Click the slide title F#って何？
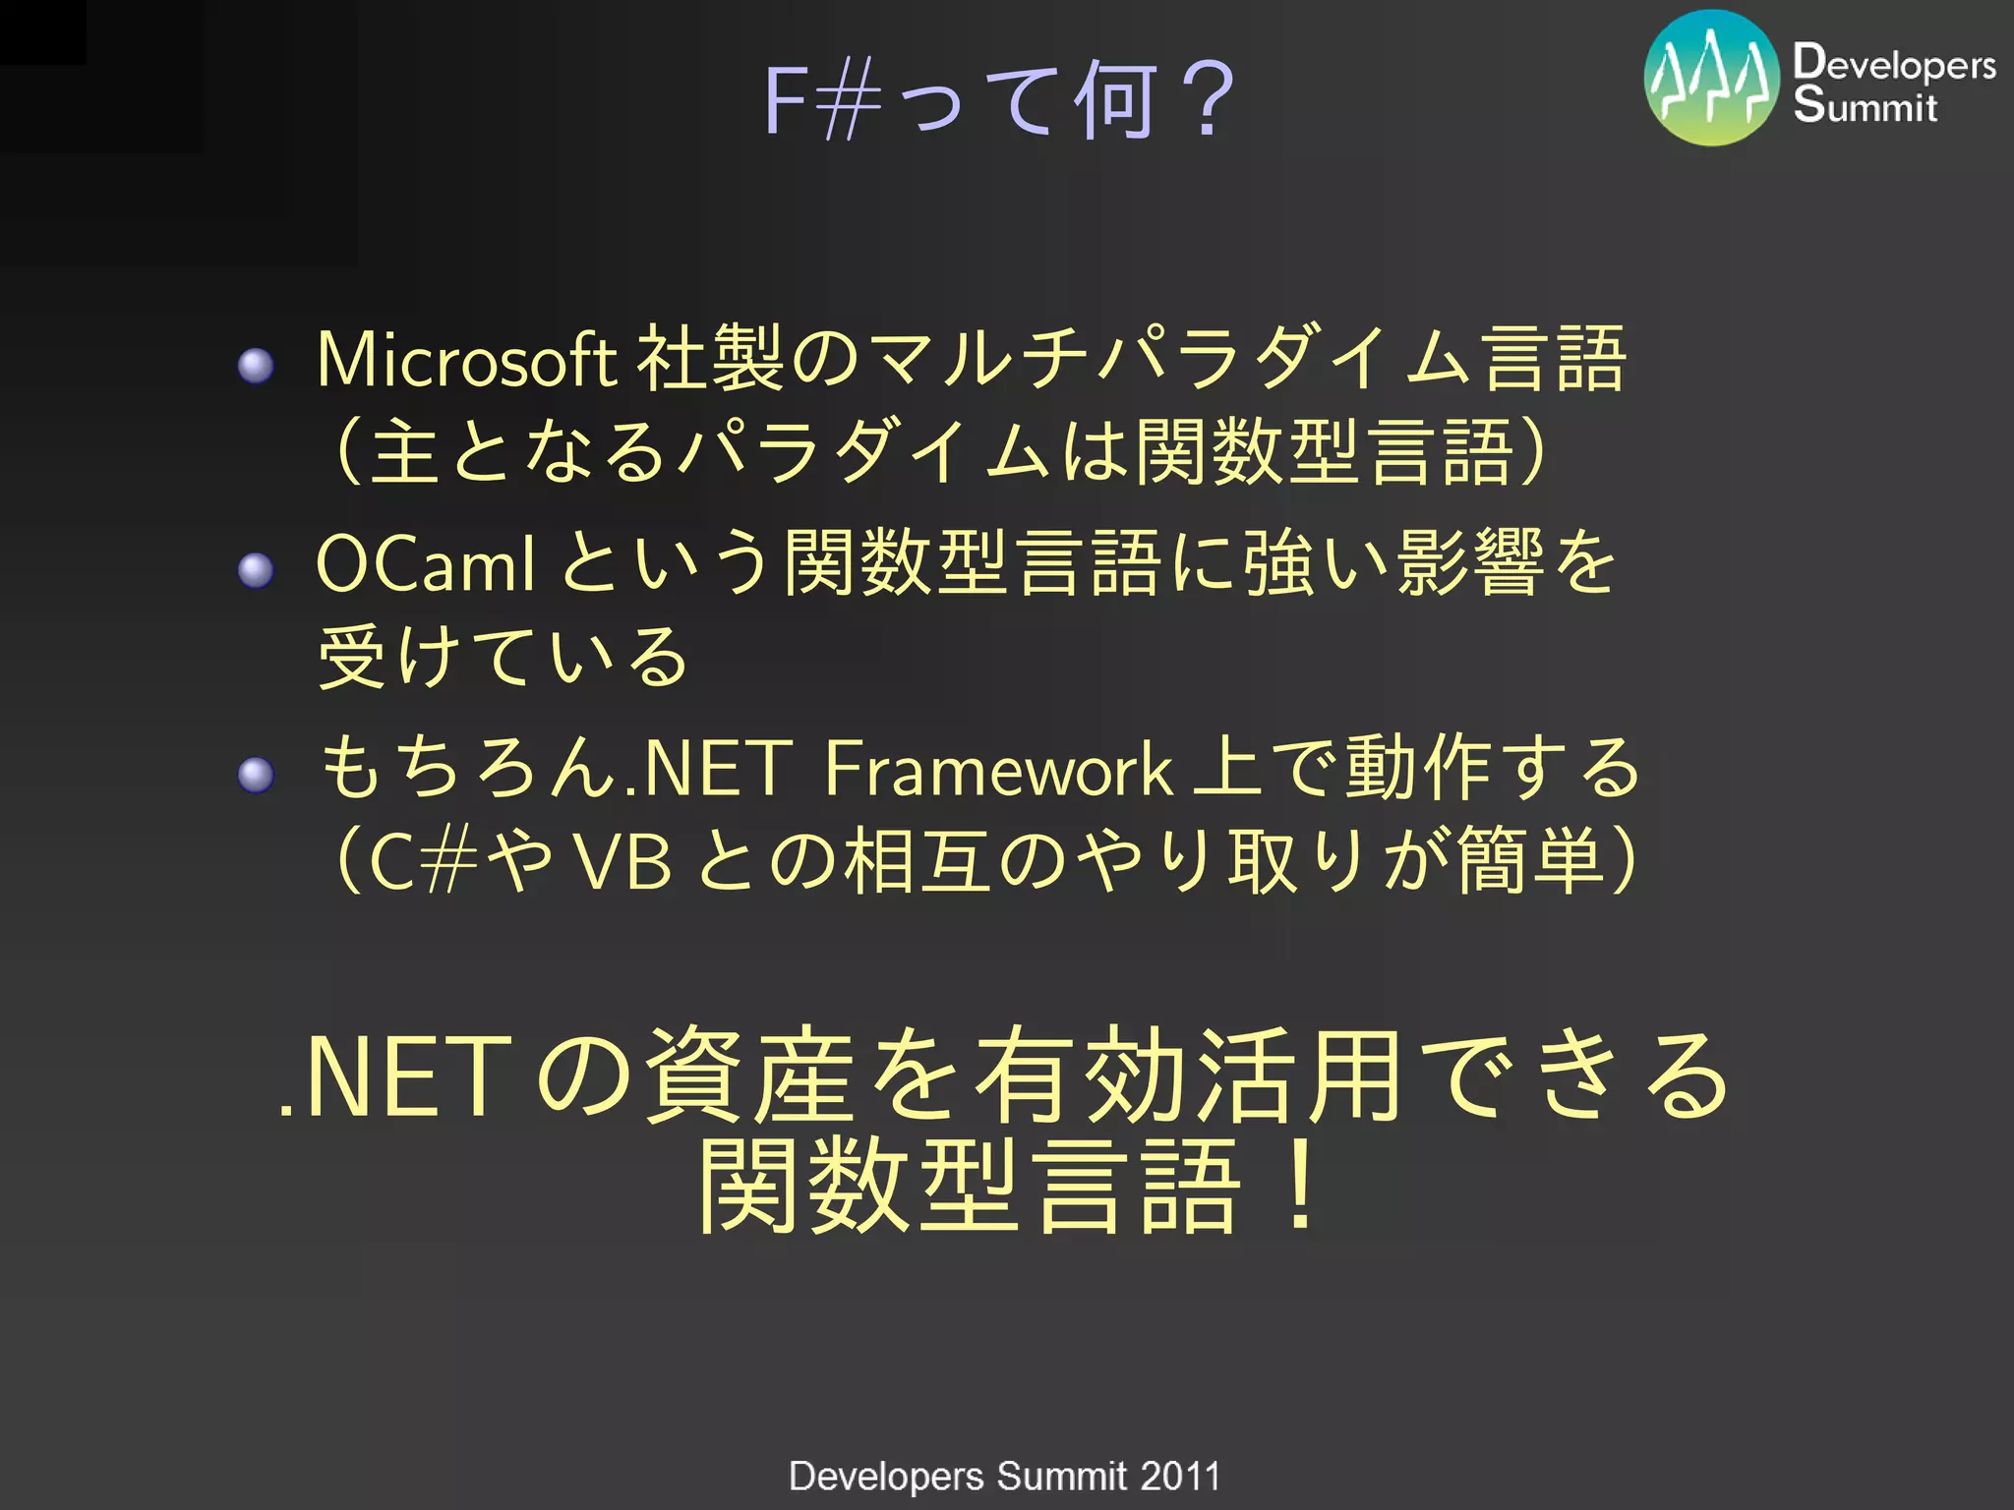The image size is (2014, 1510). tap(997, 100)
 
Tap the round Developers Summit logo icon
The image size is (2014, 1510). tap(1711, 79)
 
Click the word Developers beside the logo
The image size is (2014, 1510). tap(1894, 63)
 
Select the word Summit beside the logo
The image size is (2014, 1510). tap(1865, 104)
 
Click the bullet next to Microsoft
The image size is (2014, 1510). tap(257, 366)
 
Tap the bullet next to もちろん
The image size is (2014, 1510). tap(257, 775)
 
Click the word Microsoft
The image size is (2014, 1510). tap(466, 360)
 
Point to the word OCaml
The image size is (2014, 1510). tap(425, 564)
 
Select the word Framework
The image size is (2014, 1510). tap(997, 769)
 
